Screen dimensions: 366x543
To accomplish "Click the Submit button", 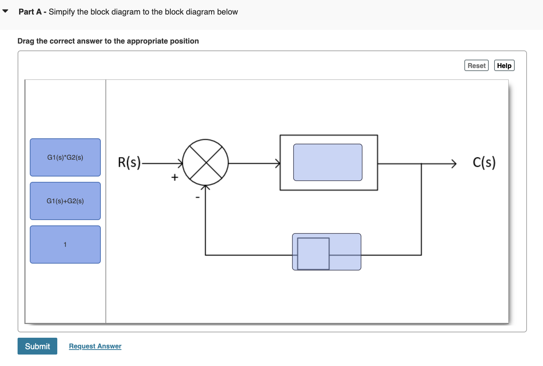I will click(x=37, y=346).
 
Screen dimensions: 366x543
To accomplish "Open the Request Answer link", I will click(x=95, y=346).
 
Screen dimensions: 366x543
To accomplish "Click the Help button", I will click(x=504, y=66).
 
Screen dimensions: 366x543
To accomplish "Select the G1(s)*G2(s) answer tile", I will click(x=65, y=157).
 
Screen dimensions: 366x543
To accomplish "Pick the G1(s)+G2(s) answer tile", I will click(x=65, y=201).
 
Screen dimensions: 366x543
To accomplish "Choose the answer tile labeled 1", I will click(x=65, y=245).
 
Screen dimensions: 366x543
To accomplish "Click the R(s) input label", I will click(x=129, y=162).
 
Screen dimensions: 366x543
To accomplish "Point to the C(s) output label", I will click(x=484, y=162).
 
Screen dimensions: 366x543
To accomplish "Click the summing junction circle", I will click(x=205, y=162).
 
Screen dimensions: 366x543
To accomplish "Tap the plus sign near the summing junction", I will click(x=175, y=177).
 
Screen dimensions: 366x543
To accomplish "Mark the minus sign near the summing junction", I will click(x=197, y=198).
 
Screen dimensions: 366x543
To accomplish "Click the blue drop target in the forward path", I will click(x=328, y=162).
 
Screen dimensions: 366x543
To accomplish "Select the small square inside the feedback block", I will click(x=313, y=253).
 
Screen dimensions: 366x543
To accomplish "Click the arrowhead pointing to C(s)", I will click(x=454, y=164).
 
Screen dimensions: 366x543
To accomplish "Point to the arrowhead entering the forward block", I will click(x=278, y=164).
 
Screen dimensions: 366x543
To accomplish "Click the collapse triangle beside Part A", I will click(x=5, y=11).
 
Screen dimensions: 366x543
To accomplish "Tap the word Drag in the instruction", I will click(x=26, y=41).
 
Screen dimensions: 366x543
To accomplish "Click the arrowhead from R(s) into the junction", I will click(x=180, y=164).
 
